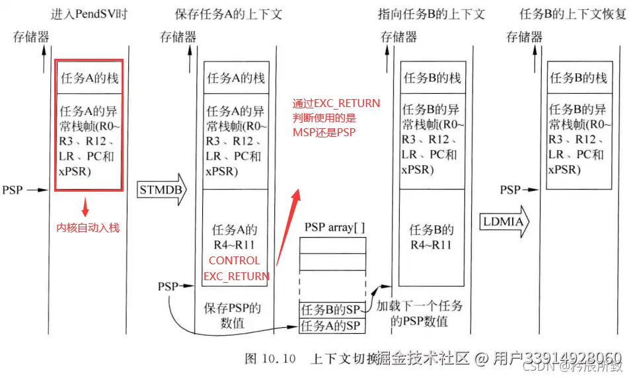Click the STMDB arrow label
(x=161, y=190)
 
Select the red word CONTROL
(x=235, y=261)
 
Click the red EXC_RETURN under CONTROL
(x=236, y=276)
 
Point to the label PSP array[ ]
(x=334, y=227)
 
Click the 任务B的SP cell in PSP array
(x=332, y=309)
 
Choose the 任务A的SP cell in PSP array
(x=332, y=325)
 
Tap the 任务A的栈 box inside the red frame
(x=89, y=78)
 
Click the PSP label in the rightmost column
(x=510, y=190)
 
